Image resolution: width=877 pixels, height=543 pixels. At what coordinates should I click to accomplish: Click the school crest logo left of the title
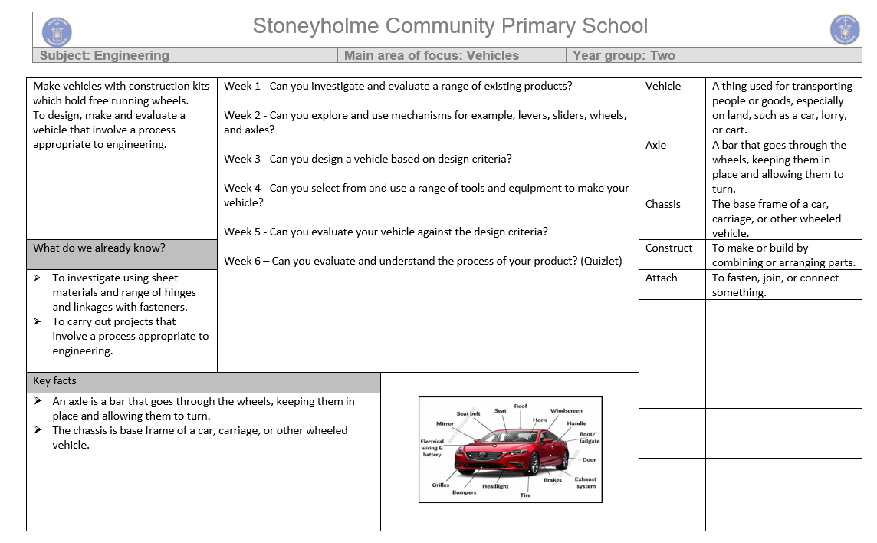[56, 31]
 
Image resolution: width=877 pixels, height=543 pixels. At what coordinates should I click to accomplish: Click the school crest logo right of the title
[845, 30]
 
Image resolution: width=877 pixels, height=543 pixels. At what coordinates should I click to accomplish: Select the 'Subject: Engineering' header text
[104, 55]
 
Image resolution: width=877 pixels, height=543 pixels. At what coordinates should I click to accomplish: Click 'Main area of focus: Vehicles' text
[432, 55]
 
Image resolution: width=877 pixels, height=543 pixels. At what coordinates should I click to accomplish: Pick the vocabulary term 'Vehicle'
[663, 86]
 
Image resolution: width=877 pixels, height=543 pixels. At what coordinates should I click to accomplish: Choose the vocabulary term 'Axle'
[655, 145]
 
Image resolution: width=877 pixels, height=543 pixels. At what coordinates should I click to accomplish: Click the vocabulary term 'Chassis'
[663, 204]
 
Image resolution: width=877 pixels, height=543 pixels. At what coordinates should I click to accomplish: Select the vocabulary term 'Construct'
[668, 248]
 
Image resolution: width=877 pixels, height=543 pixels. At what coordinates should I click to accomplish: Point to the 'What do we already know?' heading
[99, 248]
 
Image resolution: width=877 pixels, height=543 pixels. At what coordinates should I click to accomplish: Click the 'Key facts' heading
[54, 380]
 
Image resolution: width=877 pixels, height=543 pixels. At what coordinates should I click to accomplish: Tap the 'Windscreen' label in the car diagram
[567, 411]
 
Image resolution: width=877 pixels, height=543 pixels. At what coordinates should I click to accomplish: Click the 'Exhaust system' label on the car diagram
[586, 482]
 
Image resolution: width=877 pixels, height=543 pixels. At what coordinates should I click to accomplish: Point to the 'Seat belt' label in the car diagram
[468, 414]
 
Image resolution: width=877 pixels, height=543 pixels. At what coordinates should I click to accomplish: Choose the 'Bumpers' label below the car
[464, 492]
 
